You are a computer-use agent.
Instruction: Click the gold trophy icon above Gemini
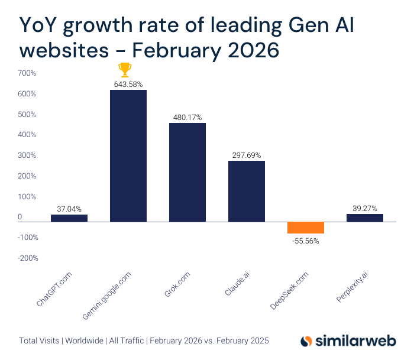[x=125, y=70]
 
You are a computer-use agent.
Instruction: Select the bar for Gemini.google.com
[x=128, y=155]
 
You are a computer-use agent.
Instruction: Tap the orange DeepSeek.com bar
[x=306, y=228]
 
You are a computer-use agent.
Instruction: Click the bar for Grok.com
[x=187, y=172]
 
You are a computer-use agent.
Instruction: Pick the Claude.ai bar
[x=247, y=191]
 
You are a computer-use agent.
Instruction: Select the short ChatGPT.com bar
[x=69, y=218]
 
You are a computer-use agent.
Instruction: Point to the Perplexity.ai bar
[x=365, y=218]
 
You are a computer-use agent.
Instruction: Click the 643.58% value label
[x=128, y=84]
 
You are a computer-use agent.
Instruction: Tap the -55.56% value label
[x=306, y=241]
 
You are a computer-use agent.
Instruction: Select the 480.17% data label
[x=187, y=117]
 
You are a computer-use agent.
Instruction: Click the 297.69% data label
[x=247, y=155]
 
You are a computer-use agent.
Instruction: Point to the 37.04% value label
[x=69, y=209]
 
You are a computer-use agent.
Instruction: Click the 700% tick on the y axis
[x=27, y=73]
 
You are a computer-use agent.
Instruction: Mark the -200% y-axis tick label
[x=27, y=258]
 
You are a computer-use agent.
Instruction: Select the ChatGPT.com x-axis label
[x=54, y=288]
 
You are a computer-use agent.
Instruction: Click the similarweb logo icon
[x=306, y=341]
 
